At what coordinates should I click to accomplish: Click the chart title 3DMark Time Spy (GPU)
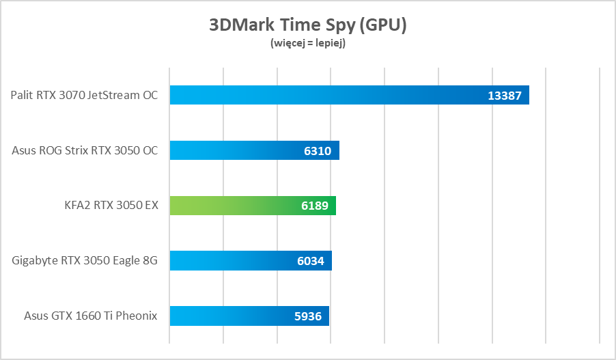307,25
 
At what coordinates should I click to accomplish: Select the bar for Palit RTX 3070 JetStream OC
328,95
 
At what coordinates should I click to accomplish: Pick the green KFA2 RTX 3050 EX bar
232,206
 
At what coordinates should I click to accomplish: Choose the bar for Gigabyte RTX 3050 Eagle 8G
232,261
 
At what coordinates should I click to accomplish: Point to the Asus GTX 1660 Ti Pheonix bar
232,316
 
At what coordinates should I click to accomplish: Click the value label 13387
505,96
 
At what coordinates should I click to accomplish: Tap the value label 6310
318,151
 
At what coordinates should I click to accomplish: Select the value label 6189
314,206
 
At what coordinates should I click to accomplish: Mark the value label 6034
311,262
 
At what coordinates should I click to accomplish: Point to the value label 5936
308,317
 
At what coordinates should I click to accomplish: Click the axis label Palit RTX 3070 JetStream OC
84,95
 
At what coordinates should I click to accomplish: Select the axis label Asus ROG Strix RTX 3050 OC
85,150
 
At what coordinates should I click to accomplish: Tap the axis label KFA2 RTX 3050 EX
109,206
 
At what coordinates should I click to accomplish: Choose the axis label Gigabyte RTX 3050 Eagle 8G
85,261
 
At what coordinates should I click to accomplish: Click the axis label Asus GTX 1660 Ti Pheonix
91,316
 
